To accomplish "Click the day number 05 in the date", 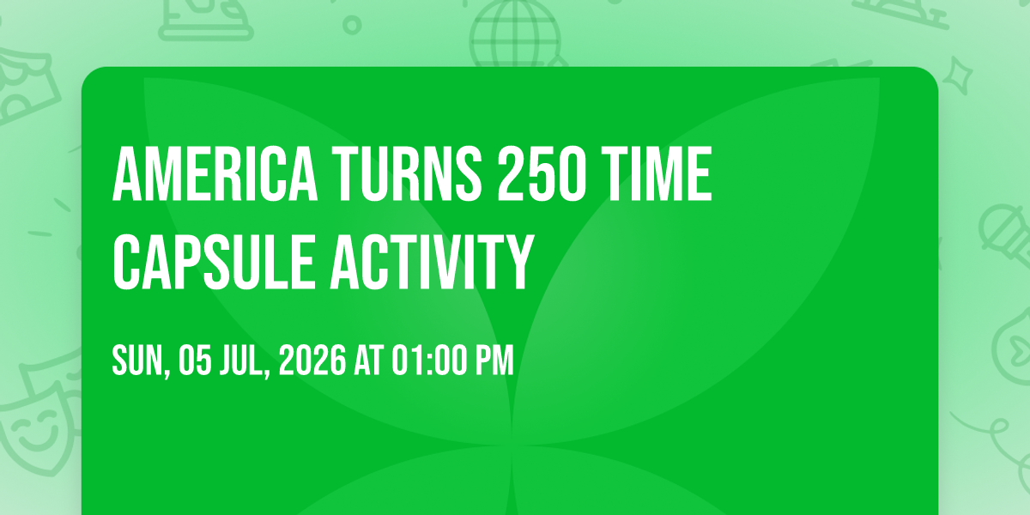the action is (195, 360).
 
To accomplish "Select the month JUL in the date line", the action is (245, 361).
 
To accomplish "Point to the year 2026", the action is (312, 360).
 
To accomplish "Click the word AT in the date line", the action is (369, 360).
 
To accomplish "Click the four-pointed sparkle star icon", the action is (957, 76).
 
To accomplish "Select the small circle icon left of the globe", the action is (352, 25).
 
